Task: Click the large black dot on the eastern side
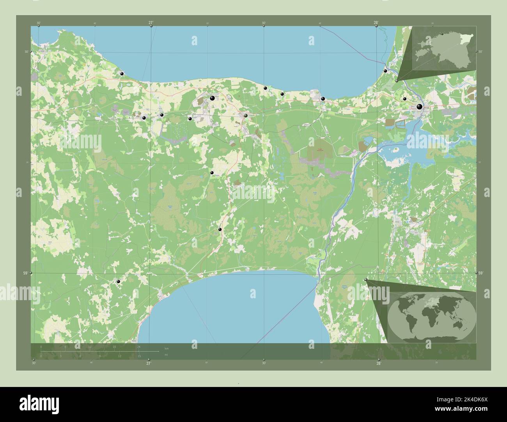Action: click(x=419, y=106)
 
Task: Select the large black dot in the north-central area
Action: click(x=212, y=98)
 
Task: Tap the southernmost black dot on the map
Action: click(x=118, y=281)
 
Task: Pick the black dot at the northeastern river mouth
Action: click(x=385, y=70)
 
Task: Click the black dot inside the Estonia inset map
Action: click(x=442, y=34)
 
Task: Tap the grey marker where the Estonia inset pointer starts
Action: click(x=397, y=81)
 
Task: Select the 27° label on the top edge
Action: click(x=151, y=23)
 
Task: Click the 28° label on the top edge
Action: click(x=376, y=23)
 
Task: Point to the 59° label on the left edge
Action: click(x=25, y=273)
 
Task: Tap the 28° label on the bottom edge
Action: click(x=378, y=363)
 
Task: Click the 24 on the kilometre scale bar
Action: click(x=138, y=346)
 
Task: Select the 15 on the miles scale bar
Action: click(x=139, y=356)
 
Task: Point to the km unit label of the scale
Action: click(x=167, y=348)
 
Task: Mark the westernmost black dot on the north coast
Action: click(x=122, y=74)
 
